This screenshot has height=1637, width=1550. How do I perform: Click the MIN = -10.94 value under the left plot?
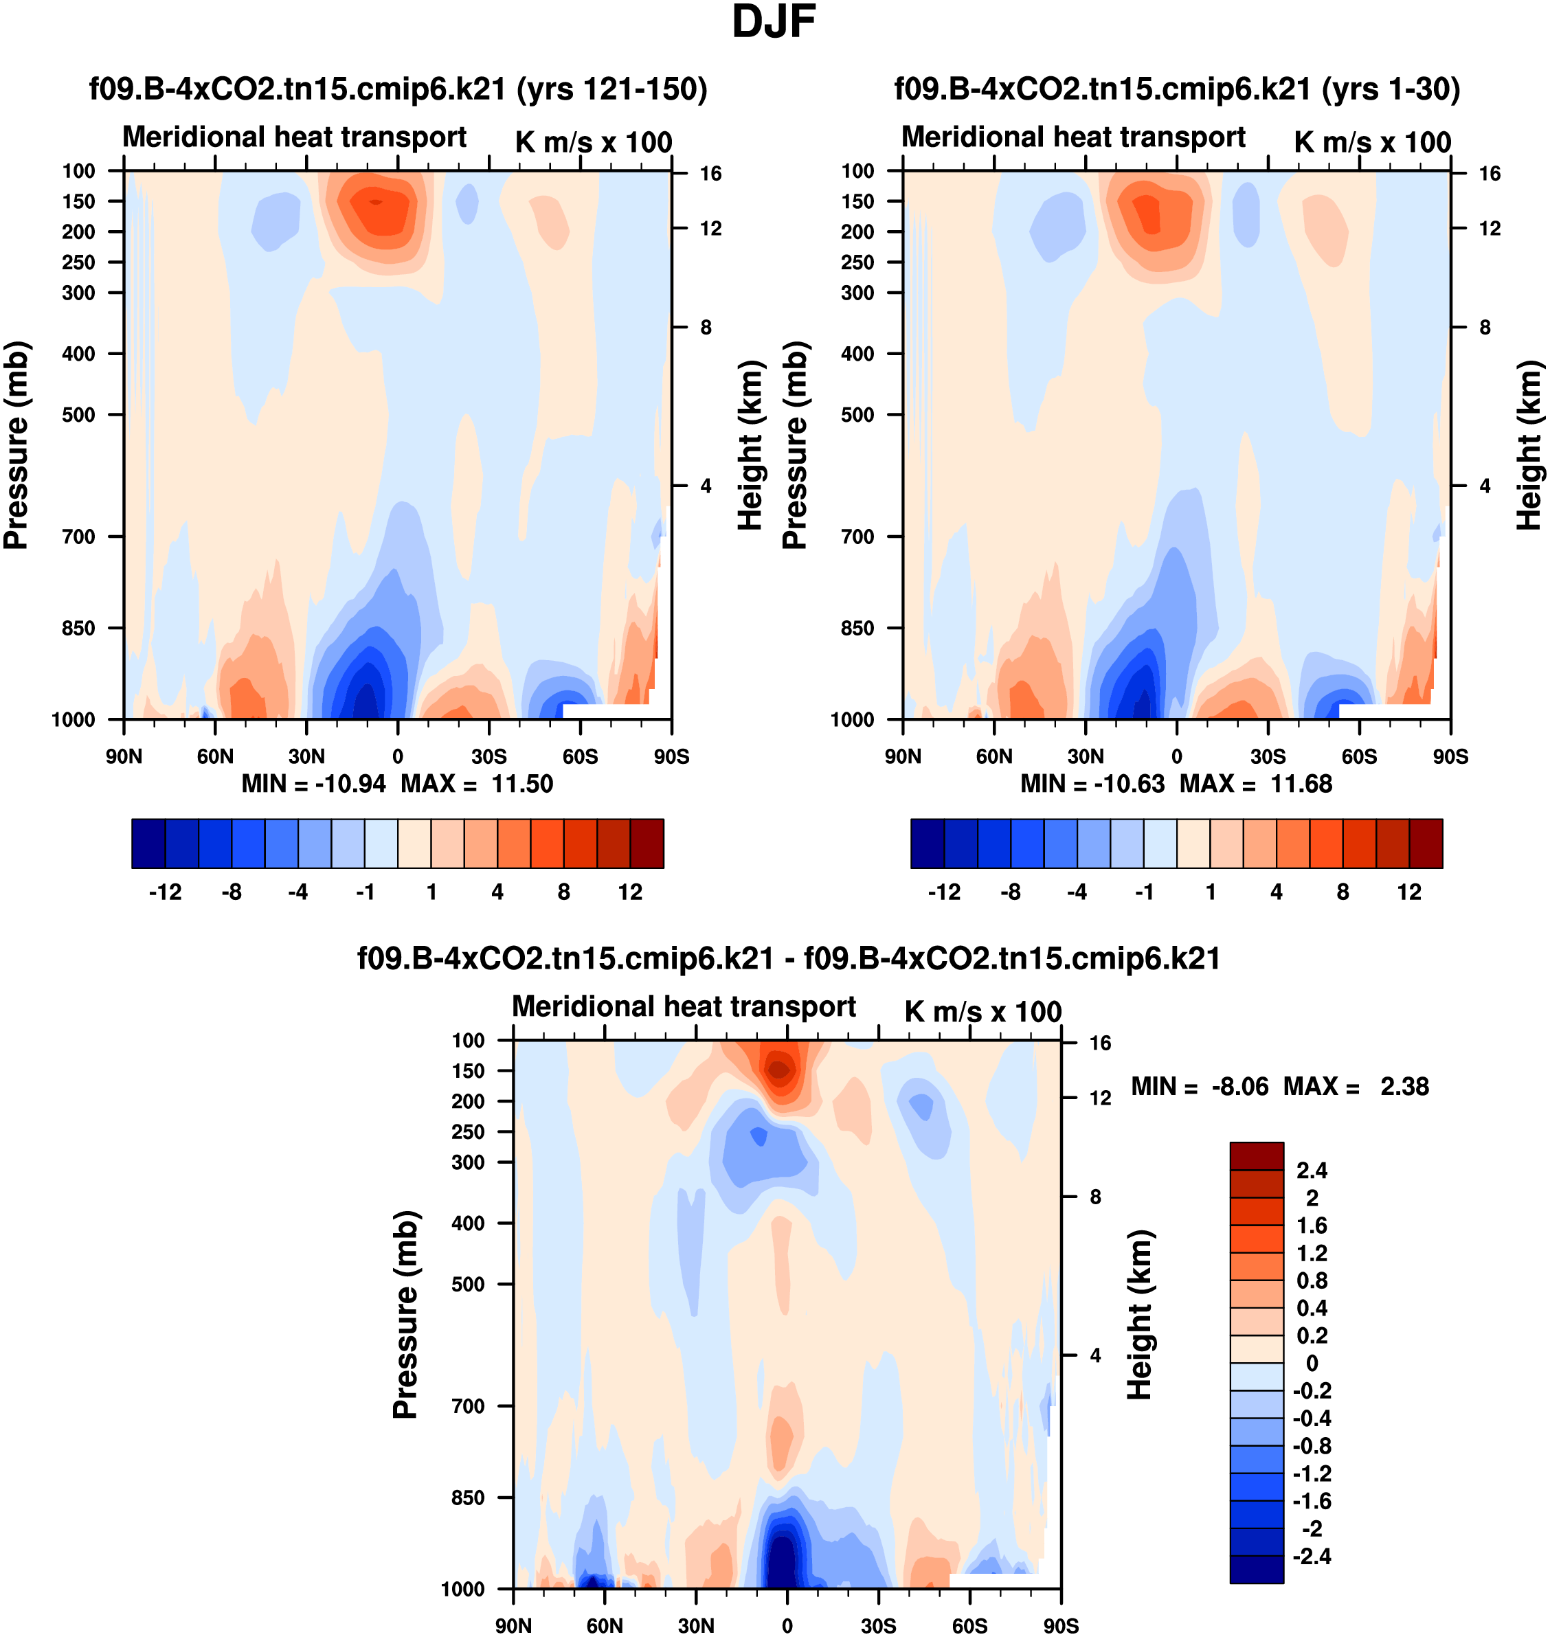(313, 784)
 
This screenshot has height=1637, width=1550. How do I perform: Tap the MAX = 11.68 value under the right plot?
(1256, 784)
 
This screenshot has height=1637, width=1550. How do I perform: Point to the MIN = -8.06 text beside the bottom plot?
(1199, 1087)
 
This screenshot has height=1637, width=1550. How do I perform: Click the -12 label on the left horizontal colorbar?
(166, 892)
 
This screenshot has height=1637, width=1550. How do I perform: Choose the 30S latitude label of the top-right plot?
(1268, 756)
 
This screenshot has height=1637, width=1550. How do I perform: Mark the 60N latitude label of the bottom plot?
(605, 1625)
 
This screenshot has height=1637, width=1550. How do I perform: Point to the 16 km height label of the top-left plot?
(710, 173)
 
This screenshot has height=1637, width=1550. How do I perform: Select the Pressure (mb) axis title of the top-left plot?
(16, 445)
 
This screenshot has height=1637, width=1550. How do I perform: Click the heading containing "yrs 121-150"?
(398, 89)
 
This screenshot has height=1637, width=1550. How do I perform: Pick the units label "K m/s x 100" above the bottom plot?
(982, 1012)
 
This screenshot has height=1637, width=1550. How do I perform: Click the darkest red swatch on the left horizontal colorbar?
(647, 844)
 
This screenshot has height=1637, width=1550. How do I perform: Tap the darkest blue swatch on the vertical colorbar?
(1256, 1569)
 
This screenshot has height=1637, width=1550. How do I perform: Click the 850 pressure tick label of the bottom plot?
(468, 1498)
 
